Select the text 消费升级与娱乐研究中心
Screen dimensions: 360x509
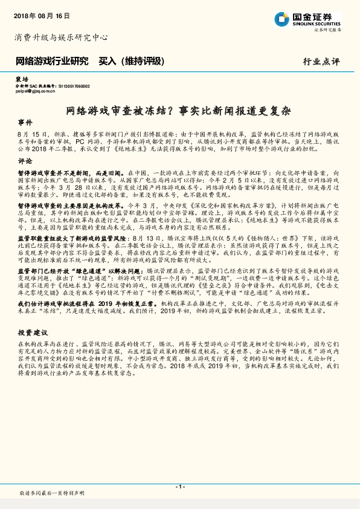click(60, 37)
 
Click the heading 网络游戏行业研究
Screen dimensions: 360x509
click(52, 61)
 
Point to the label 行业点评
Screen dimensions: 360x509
click(321, 62)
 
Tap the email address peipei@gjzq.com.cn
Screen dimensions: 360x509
click(37, 93)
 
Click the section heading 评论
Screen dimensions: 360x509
click(25, 161)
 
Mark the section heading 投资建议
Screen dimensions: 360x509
click(33, 333)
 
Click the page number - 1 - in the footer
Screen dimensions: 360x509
click(179, 487)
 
